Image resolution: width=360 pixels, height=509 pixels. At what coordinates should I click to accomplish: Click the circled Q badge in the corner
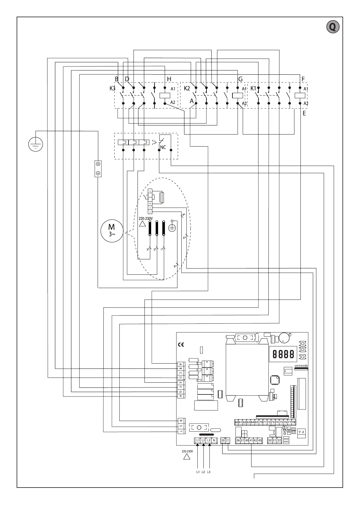click(332, 27)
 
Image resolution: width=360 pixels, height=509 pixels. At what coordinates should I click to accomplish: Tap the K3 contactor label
click(112, 89)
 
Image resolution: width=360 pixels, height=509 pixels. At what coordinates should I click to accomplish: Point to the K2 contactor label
click(187, 89)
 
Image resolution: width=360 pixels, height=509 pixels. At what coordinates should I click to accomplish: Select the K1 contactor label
click(253, 89)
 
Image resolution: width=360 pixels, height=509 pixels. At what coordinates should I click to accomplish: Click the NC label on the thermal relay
click(163, 147)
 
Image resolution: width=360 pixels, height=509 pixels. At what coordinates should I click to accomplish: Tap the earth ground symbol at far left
click(36, 144)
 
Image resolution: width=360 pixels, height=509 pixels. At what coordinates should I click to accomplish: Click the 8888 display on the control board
click(283, 354)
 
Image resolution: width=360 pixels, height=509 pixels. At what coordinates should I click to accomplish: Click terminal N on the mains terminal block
click(214, 440)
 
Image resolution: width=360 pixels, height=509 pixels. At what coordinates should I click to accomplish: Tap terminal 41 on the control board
click(251, 440)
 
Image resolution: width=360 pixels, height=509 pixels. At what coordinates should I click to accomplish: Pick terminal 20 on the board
click(223, 440)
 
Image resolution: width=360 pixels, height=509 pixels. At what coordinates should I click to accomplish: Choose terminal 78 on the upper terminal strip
click(294, 422)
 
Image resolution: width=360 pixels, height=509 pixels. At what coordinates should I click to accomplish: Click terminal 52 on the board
click(279, 440)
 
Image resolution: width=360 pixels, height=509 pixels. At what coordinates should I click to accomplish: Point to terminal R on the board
click(181, 421)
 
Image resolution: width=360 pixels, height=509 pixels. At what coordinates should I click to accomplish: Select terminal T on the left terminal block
click(181, 431)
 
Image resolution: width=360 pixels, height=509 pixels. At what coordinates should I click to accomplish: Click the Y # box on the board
click(301, 432)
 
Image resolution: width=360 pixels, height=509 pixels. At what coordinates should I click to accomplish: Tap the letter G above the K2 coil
click(240, 79)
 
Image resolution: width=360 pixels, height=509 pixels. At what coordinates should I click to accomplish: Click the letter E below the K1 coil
click(304, 113)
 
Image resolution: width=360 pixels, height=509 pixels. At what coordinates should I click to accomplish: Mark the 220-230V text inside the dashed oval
click(146, 219)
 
